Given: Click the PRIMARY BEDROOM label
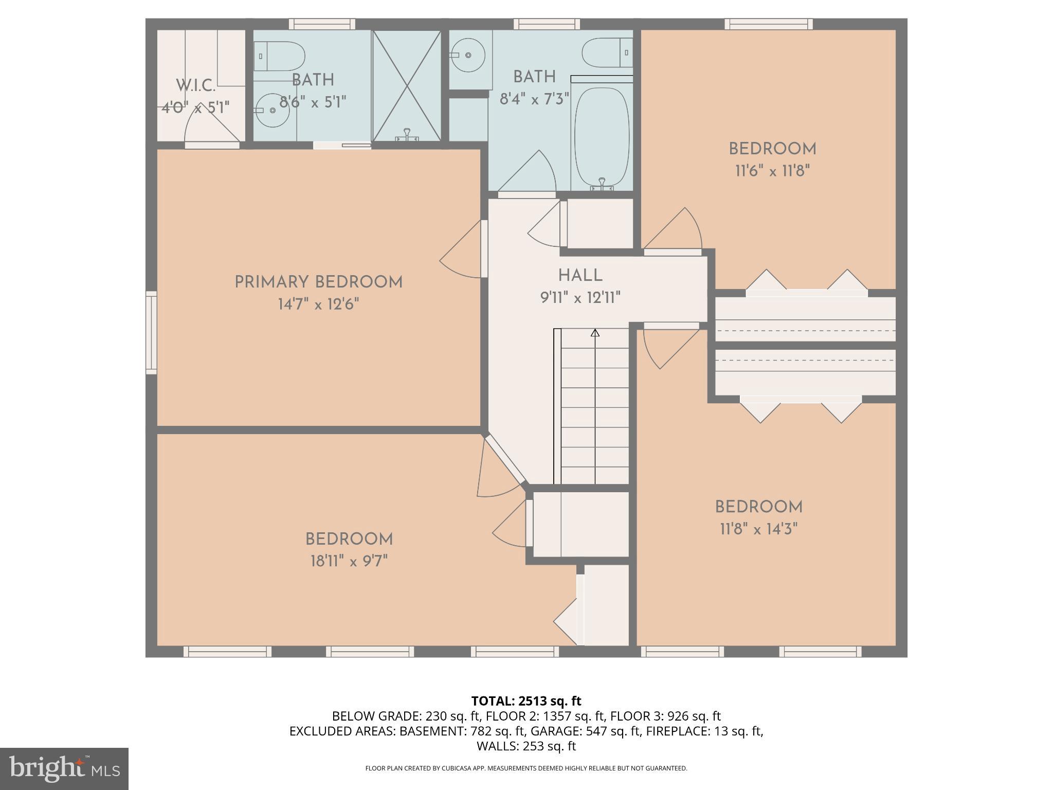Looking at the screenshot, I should [x=318, y=282].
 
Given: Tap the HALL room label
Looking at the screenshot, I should [x=580, y=276].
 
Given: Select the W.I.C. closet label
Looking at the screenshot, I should [x=195, y=85].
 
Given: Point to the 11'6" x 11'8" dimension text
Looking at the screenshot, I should [x=772, y=171].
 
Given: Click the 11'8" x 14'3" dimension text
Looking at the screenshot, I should [x=758, y=529].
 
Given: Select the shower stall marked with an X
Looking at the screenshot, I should [x=407, y=85].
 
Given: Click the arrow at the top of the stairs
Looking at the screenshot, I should [x=595, y=333].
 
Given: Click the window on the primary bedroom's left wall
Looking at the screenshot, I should [x=151, y=332].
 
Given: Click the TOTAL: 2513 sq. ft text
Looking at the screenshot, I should [x=526, y=701].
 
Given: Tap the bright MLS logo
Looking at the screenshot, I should [x=64, y=769].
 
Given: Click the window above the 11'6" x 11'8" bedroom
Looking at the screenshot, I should [x=769, y=24].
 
